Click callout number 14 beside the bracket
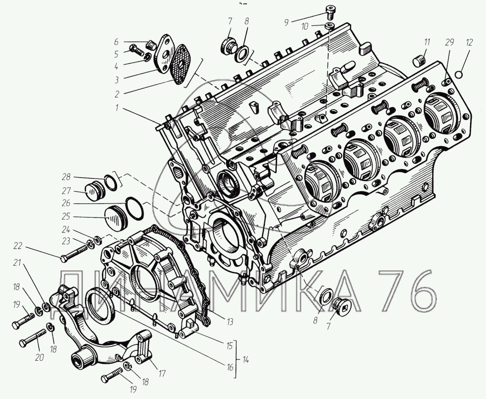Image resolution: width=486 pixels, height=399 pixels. click(x=246, y=360)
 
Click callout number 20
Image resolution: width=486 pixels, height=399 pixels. click(x=40, y=358)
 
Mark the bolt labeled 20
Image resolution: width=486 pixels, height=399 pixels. click(x=33, y=338)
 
